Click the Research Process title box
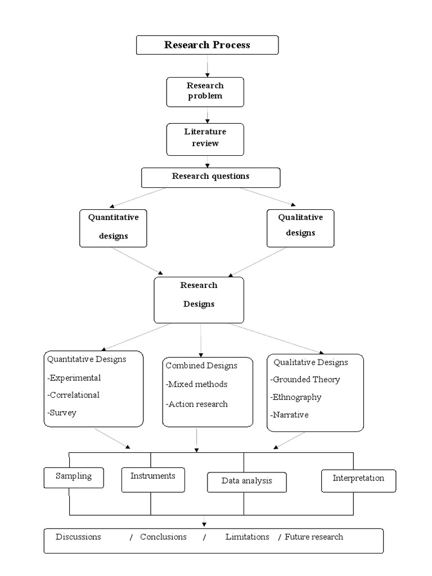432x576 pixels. click(207, 45)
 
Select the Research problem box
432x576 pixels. click(205, 91)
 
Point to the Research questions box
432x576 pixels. click(210, 177)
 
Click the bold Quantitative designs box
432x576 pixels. click(113, 227)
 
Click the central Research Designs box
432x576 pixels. click(199, 299)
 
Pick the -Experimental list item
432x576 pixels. click(74, 378)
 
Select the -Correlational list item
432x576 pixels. click(74, 395)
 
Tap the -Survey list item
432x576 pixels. click(62, 412)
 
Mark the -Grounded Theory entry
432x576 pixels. click(305, 380)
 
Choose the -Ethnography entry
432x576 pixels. click(296, 397)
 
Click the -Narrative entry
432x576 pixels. click(290, 415)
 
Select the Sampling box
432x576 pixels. click(74, 477)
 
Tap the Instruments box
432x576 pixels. click(153, 477)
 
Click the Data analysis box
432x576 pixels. click(246, 481)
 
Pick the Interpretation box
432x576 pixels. click(358, 479)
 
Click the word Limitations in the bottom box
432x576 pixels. click(247, 537)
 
